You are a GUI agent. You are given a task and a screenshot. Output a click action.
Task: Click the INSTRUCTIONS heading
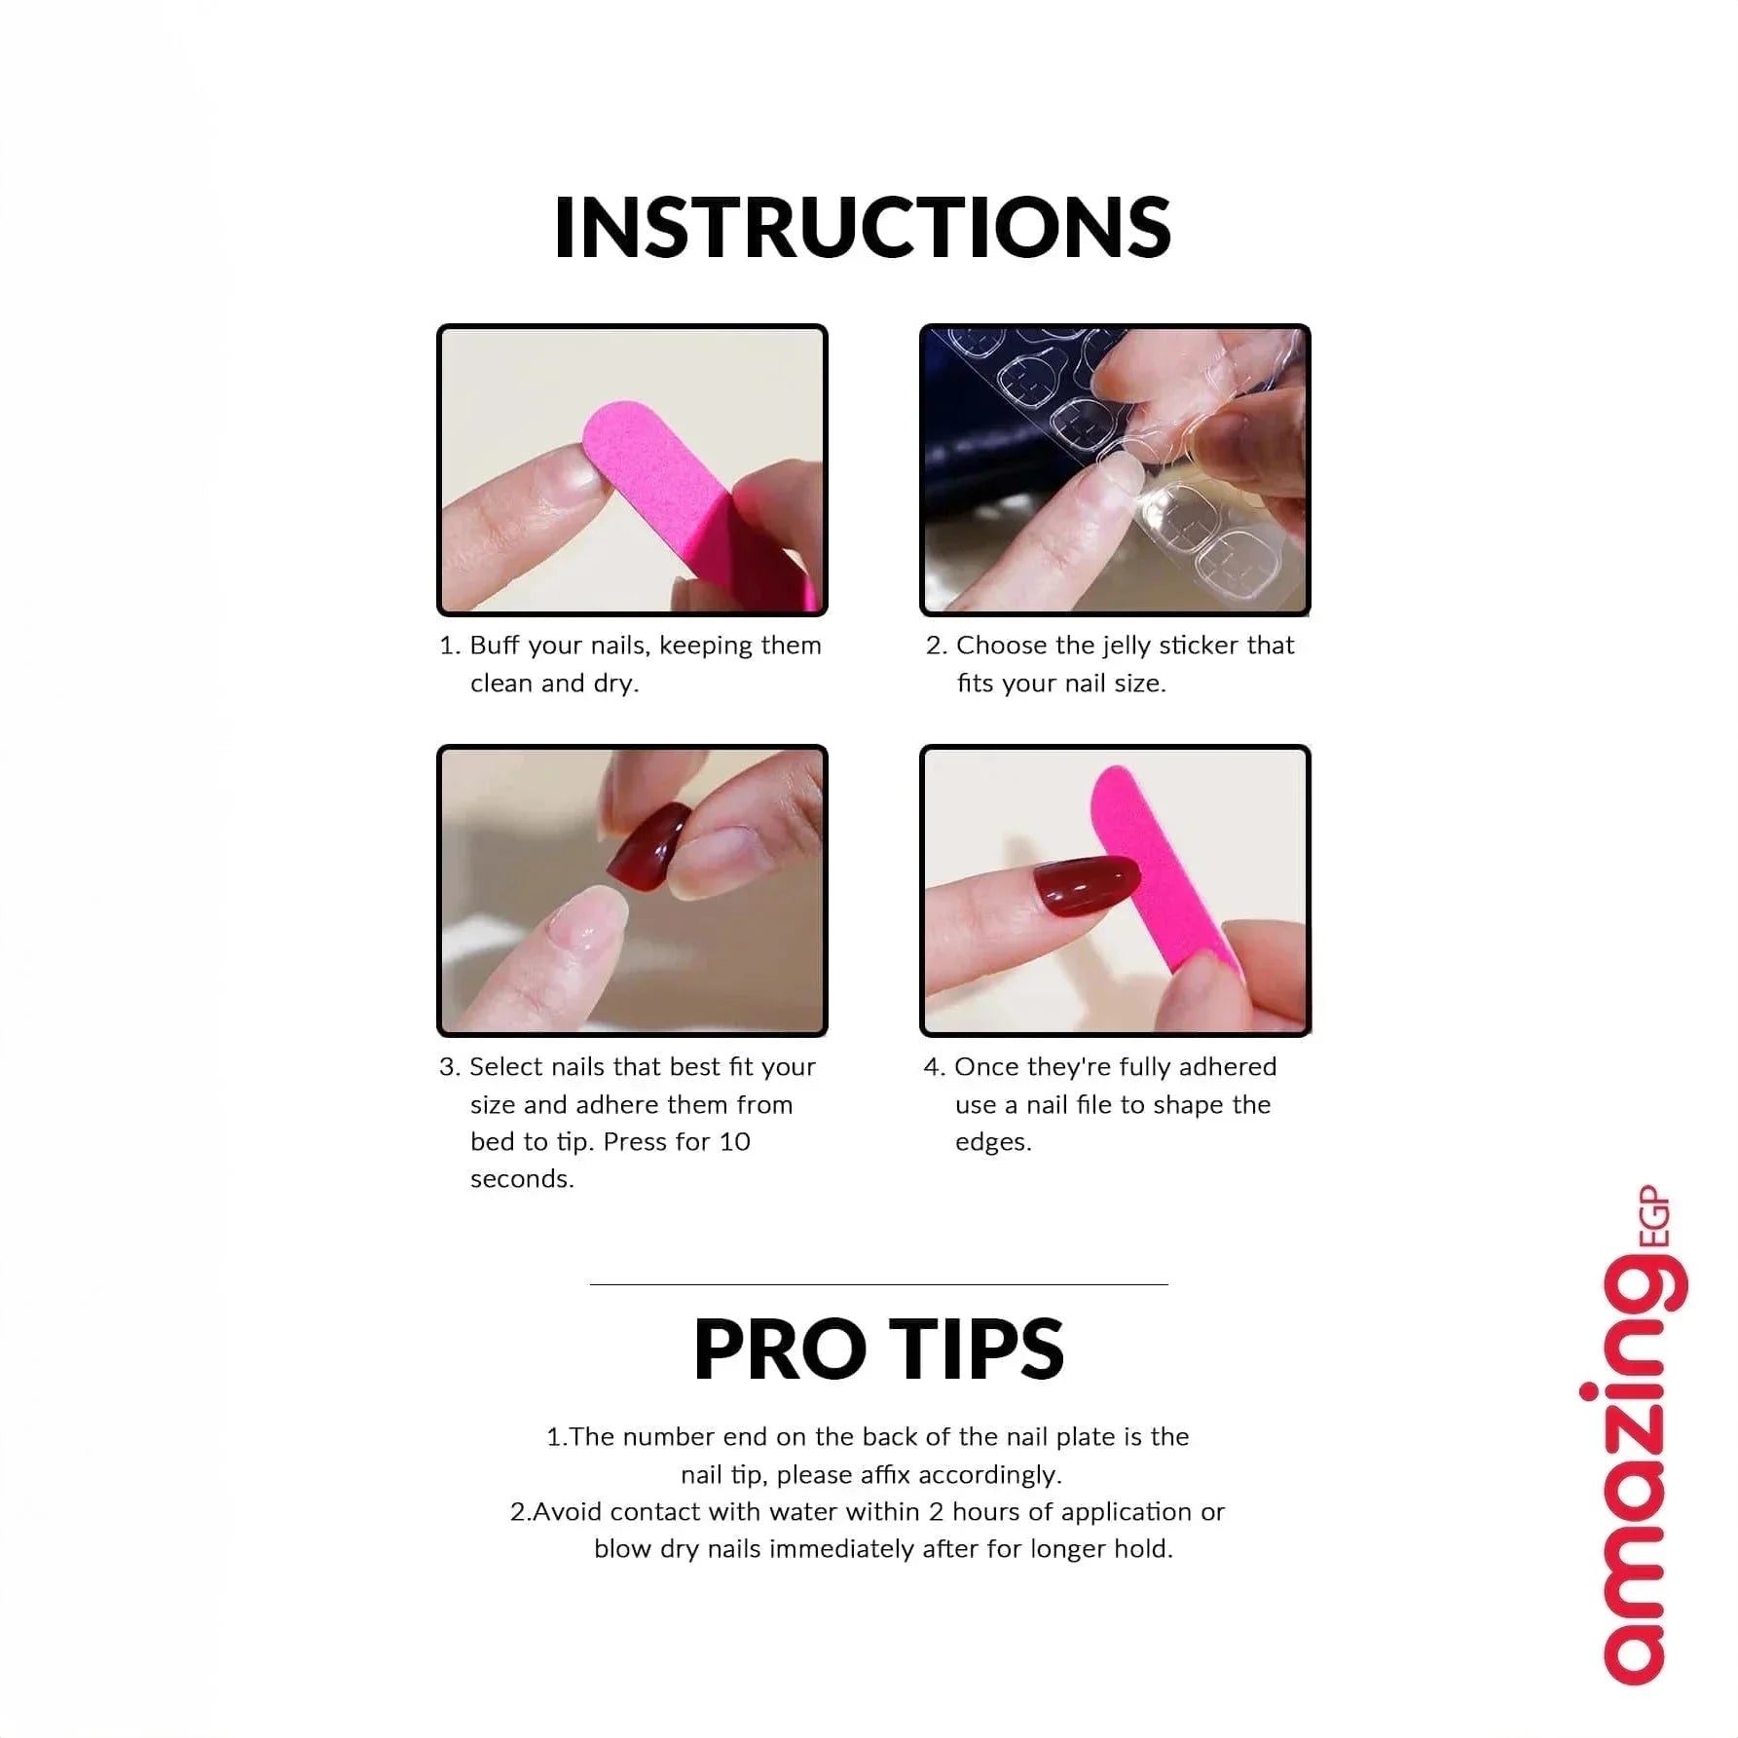tap(863, 227)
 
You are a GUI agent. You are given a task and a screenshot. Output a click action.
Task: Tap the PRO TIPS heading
tap(878, 1349)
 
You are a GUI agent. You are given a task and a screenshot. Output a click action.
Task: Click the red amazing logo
tap(1636, 1447)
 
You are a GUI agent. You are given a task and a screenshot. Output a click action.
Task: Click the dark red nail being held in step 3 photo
tap(648, 844)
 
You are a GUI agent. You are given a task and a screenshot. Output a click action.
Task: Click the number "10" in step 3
tap(735, 1141)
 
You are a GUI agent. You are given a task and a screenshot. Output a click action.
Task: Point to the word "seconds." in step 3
tap(522, 1179)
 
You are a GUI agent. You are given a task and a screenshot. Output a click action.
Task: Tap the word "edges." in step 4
tap(993, 1143)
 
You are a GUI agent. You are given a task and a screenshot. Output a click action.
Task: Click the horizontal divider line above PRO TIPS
tap(878, 1284)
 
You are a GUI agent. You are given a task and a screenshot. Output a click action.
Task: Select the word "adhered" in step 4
tap(1228, 1067)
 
